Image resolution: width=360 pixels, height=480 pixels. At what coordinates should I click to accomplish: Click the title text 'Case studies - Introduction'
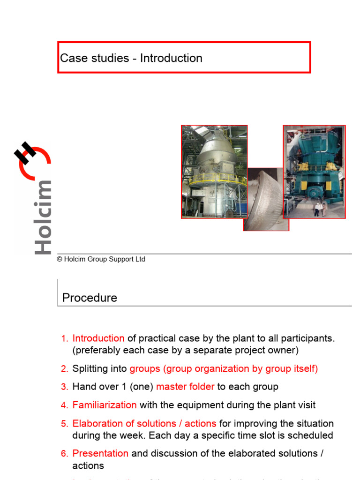point(131,58)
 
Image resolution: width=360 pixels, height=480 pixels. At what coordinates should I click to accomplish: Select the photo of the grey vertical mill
point(214,172)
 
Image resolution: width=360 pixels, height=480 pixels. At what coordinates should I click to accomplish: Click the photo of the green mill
point(314,172)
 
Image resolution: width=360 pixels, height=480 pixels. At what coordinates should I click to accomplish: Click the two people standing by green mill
point(320,209)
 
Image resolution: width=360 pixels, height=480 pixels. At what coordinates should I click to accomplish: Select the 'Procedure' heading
point(90,298)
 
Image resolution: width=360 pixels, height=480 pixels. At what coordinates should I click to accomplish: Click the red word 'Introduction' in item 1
point(98,338)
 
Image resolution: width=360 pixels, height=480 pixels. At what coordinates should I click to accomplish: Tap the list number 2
point(65,369)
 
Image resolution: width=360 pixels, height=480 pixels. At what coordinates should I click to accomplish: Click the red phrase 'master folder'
point(185,387)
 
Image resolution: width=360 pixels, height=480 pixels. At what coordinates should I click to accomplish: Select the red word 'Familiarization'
point(105,405)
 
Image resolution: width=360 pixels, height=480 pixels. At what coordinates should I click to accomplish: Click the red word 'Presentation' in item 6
point(100,453)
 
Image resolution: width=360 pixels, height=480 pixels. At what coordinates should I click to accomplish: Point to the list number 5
point(65,423)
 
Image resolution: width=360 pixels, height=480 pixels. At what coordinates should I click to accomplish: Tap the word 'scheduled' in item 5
point(310,435)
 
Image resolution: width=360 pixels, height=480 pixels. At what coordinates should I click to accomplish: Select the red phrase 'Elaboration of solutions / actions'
point(144,423)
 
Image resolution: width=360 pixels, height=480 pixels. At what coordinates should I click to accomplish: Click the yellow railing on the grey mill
point(213,179)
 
